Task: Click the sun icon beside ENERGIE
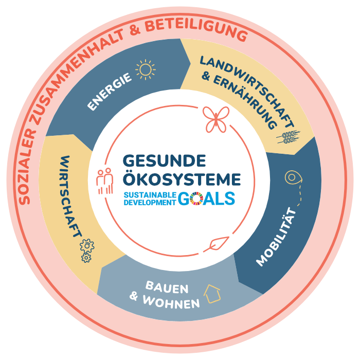click(146, 69)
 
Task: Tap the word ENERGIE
click(110, 92)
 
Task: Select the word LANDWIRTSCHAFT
click(247, 91)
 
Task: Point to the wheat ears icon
click(289, 137)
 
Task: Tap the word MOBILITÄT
click(277, 237)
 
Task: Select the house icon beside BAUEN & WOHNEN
click(212, 294)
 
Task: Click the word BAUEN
click(167, 287)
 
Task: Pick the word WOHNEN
click(171, 302)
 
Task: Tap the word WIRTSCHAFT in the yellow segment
click(70, 196)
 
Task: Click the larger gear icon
click(87, 246)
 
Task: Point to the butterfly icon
click(216, 119)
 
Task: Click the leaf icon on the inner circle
click(217, 244)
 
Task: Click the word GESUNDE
click(165, 160)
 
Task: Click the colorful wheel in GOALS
click(196, 199)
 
